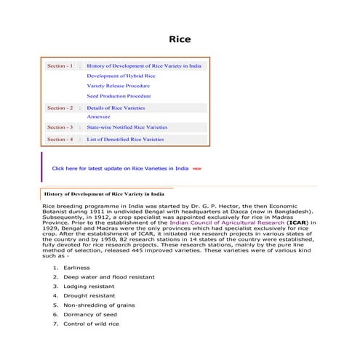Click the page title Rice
tap(180, 39)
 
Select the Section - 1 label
tap(60, 65)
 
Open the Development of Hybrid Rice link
tap(121, 76)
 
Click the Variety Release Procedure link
tap(119, 86)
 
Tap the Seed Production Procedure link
tap(119, 96)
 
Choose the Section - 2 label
tap(60, 108)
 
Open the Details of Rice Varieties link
tap(116, 108)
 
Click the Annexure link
tap(98, 116)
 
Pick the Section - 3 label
tap(60, 127)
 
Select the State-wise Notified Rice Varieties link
tap(127, 127)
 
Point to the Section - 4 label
tap(60, 139)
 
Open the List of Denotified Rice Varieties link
tap(125, 139)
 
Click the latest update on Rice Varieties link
tap(120, 168)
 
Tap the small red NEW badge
tap(197, 169)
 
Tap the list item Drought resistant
tap(89, 296)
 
